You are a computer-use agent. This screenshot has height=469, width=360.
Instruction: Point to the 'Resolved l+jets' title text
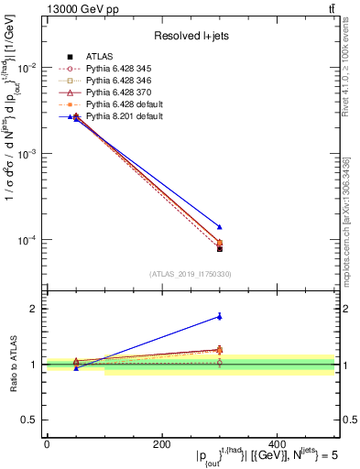pos(191,37)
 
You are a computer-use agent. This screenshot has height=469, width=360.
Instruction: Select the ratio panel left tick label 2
pos(35,309)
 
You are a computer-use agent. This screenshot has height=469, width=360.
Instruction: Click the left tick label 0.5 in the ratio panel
pos(31,420)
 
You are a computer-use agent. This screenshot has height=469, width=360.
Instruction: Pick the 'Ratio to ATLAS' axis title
pos(13,365)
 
